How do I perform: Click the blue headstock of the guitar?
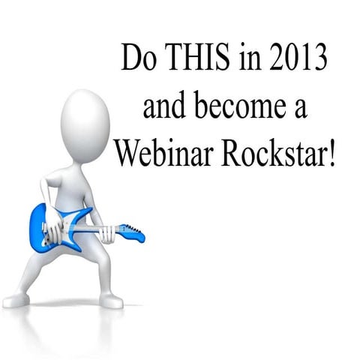[x=133, y=233]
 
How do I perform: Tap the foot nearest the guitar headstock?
[x=111, y=300]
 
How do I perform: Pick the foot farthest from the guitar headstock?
[x=16, y=301]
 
